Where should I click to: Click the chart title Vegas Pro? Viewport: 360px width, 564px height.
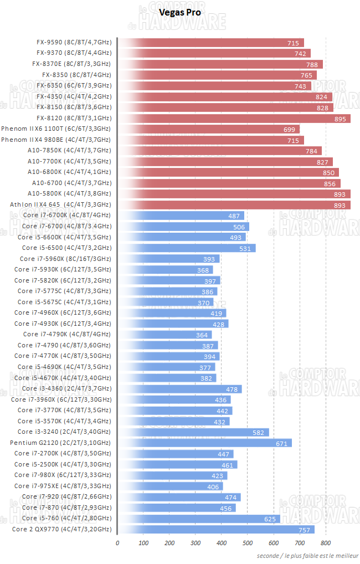pyautogui.click(x=180, y=12)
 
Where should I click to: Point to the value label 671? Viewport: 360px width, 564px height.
pyautogui.click(x=282, y=443)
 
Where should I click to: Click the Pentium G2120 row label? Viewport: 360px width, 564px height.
pyautogui.click(x=60, y=443)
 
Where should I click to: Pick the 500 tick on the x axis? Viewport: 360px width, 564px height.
pyautogui.click(x=248, y=543)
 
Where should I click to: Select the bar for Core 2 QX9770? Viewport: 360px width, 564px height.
pyautogui.click(x=216, y=530)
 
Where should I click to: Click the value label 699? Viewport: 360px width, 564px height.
pyautogui.click(x=289, y=129)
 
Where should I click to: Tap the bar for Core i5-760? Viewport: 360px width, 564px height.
pyautogui.click(x=199, y=519)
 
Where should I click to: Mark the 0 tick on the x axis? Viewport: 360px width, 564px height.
pyautogui.click(x=117, y=543)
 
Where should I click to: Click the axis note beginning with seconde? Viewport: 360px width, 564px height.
pyautogui.click(x=307, y=556)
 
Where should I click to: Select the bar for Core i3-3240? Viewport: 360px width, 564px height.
pyautogui.click(x=193, y=432)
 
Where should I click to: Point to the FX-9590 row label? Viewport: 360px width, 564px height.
pyautogui.click(x=74, y=43)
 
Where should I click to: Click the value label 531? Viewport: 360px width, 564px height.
pyautogui.click(x=245, y=248)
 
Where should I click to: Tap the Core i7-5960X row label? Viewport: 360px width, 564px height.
pyautogui.click(x=65, y=259)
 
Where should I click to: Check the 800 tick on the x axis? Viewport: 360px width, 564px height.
pyautogui.click(x=326, y=543)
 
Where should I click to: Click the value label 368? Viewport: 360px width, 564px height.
pyautogui.click(x=203, y=270)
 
